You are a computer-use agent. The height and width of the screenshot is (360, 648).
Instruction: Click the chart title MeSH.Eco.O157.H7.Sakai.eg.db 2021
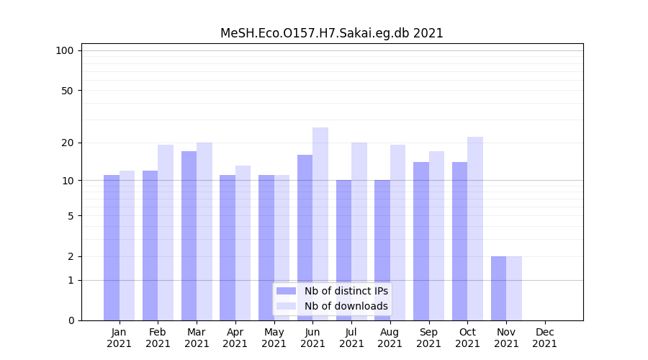tap(331, 33)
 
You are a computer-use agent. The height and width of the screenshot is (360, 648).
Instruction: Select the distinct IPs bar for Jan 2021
tap(112, 248)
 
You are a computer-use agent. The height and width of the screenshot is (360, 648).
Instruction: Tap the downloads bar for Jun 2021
tap(320, 224)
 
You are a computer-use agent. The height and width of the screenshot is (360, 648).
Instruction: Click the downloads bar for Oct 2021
tap(475, 228)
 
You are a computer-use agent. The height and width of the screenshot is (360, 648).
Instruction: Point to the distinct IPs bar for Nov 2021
tap(498, 288)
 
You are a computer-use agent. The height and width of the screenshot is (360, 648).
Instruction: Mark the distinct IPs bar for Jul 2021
tap(343, 250)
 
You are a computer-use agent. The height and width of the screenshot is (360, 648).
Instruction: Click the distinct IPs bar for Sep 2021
tap(421, 241)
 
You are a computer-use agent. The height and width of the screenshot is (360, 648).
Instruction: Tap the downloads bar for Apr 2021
tap(243, 243)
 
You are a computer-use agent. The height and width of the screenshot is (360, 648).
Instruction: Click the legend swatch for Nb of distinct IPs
tap(286, 291)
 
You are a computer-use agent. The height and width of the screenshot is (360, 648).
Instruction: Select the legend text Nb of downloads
tap(346, 306)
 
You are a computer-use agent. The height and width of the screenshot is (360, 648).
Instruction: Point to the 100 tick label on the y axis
tap(65, 50)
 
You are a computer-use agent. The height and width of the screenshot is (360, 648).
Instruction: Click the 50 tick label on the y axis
tap(68, 91)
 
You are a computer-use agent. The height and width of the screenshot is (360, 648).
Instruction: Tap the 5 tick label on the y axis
tap(71, 216)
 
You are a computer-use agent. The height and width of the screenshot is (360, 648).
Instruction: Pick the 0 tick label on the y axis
tap(71, 320)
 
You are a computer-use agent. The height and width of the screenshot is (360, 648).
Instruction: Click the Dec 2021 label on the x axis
tap(545, 338)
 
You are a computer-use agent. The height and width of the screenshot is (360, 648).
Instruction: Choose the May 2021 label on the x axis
tap(274, 338)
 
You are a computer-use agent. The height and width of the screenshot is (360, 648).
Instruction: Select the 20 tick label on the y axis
tap(68, 143)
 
